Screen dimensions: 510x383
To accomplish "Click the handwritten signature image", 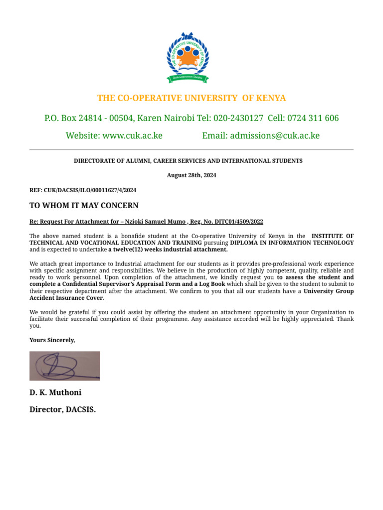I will pos(65,366).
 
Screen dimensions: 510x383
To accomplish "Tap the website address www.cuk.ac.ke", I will pos(132,135).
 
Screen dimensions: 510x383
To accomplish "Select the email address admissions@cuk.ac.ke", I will pos(274,135).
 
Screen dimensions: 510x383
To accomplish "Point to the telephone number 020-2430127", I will pos(238,118).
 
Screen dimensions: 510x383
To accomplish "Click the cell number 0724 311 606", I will pos(314,118).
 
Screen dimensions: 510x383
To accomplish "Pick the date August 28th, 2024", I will pos(191,175).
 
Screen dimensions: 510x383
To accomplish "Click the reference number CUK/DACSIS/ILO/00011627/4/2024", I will pos(90,190).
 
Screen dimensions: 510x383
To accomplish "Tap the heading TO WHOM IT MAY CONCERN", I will pos(84,205).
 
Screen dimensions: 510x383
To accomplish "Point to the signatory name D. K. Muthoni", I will pos(55,392).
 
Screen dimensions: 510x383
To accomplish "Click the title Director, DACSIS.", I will pos(63,409).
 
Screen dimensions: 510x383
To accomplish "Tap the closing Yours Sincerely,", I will pos(52,340).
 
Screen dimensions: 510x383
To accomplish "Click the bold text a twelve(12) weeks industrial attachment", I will pos(168,250).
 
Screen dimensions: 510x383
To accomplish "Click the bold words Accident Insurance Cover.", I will pos(67,298).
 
